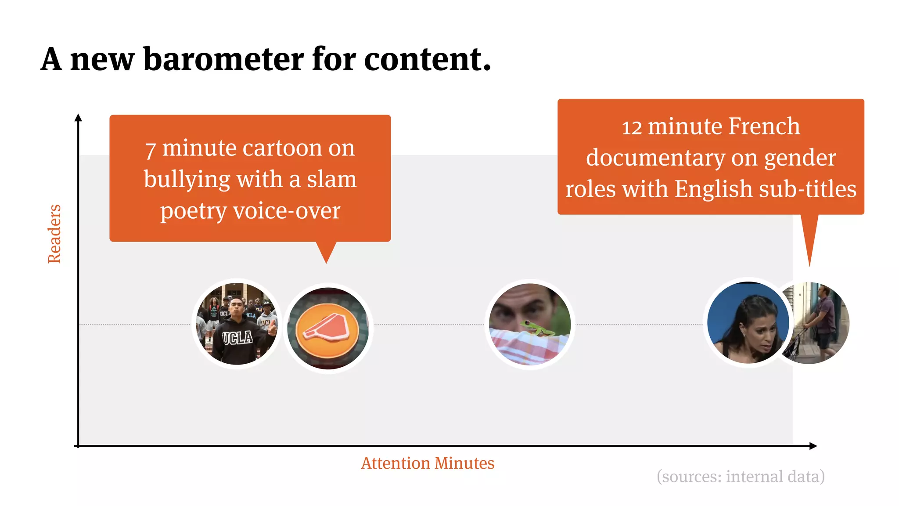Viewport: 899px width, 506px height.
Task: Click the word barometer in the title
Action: click(224, 59)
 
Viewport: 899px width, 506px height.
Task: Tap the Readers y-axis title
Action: click(54, 234)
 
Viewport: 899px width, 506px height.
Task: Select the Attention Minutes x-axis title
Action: click(428, 463)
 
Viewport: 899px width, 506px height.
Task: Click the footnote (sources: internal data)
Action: click(741, 477)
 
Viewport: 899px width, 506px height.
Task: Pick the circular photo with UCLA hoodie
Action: click(237, 324)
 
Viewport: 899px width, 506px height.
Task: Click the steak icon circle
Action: click(328, 329)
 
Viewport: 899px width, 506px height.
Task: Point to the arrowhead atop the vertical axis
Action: click(78, 117)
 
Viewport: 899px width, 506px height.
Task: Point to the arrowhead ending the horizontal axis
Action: click(813, 446)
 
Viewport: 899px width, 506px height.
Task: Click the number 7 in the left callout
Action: click(150, 149)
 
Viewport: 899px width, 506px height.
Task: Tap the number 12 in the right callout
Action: click(632, 128)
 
